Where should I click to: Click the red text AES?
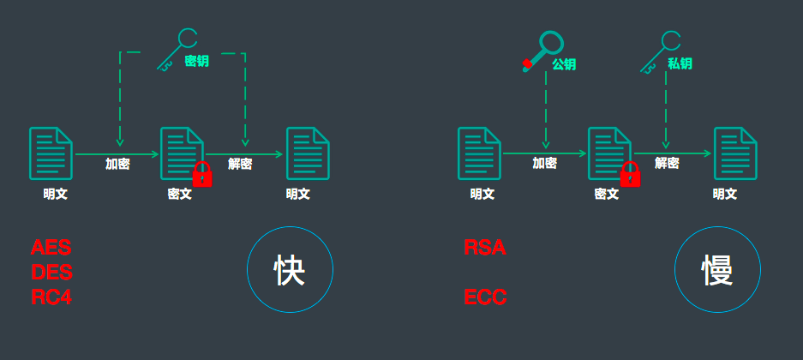pyautogui.click(x=51, y=249)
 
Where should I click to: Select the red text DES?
pyautogui.click(x=51, y=273)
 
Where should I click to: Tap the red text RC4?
pyautogui.click(x=51, y=297)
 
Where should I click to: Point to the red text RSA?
pyautogui.click(x=485, y=249)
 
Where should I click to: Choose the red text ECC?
pyautogui.click(x=486, y=297)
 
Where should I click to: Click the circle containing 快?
pyautogui.click(x=290, y=270)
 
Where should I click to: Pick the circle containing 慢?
pyautogui.click(x=716, y=270)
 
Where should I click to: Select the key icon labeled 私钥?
pyautogui.click(x=662, y=50)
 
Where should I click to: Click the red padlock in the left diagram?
pyautogui.click(x=202, y=175)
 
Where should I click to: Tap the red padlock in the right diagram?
pyautogui.click(x=630, y=175)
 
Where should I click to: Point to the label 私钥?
pyautogui.click(x=680, y=63)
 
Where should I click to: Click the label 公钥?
pyautogui.click(x=564, y=63)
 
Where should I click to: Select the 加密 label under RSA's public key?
pyautogui.click(x=545, y=163)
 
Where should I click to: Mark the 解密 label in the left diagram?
pyautogui.click(x=240, y=164)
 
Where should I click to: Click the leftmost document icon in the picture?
pyautogui.click(x=51, y=153)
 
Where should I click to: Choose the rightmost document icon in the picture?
pyautogui.click(x=735, y=153)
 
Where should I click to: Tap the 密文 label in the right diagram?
pyautogui.click(x=607, y=194)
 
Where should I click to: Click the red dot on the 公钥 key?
pyautogui.click(x=527, y=64)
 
